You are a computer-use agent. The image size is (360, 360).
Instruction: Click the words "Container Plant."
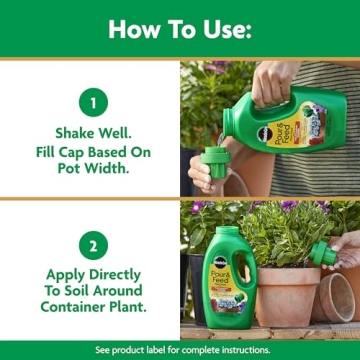(x=90, y=308)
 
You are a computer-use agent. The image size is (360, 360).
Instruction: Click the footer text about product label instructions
(x=180, y=350)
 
